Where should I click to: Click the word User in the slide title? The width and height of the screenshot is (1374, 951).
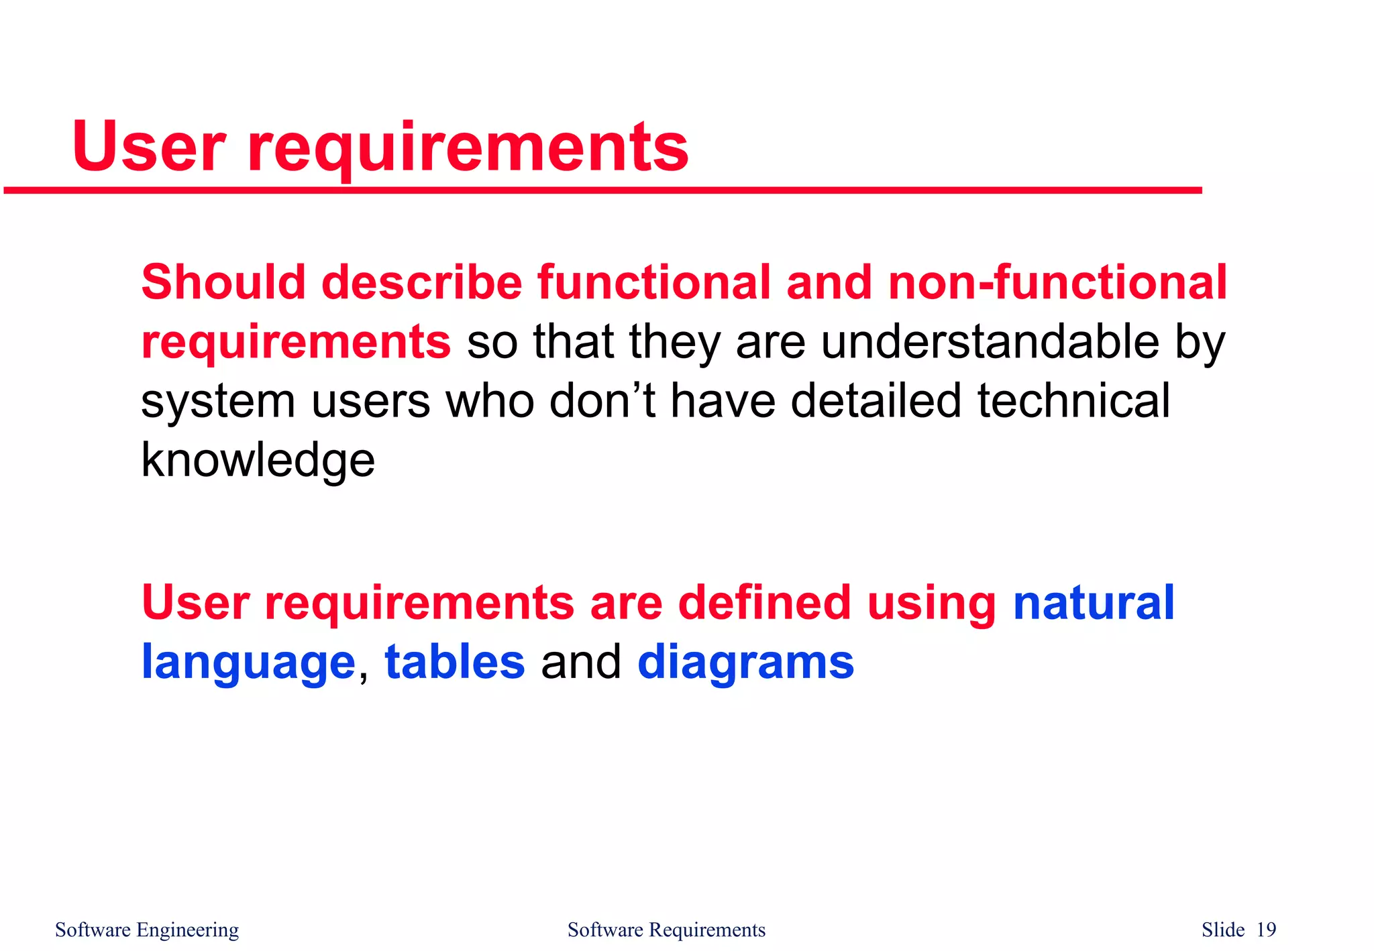point(149,147)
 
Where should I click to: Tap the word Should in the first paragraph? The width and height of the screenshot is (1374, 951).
point(223,282)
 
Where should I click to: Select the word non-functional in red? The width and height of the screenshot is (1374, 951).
point(1057,282)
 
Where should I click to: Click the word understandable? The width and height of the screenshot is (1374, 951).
point(990,342)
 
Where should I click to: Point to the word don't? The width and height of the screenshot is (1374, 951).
point(602,401)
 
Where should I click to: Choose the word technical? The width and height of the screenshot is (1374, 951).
point(1073,401)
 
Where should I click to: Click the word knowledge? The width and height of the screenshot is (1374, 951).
point(258,461)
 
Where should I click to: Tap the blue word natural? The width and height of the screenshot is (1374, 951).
point(1094,602)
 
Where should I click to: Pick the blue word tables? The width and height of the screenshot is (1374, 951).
point(454,663)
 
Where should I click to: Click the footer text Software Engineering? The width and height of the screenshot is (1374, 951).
point(147,930)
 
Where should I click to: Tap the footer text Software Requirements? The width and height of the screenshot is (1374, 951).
point(666,930)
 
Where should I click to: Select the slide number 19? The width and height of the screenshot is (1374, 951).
point(1266,930)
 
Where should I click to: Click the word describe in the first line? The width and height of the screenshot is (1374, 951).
point(421,282)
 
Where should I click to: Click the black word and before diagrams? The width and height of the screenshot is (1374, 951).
point(581,663)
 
